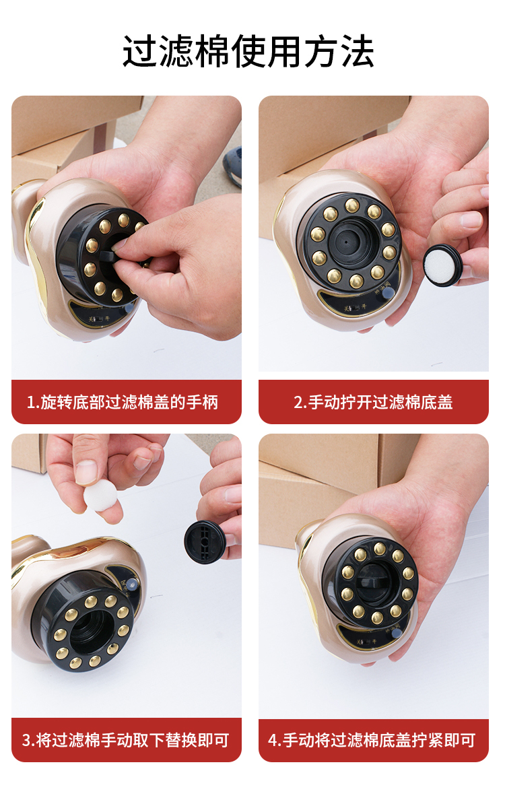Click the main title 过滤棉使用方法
[248, 52]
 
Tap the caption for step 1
[123, 402]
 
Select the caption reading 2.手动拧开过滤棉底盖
[373, 402]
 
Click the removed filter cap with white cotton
[442, 265]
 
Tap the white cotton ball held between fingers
[100, 495]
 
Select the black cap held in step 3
[205, 542]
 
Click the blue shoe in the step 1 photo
[233, 166]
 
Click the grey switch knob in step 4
[397, 633]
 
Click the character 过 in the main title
[140, 52]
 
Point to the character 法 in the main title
[357, 52]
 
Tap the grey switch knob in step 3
[133, 583]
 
